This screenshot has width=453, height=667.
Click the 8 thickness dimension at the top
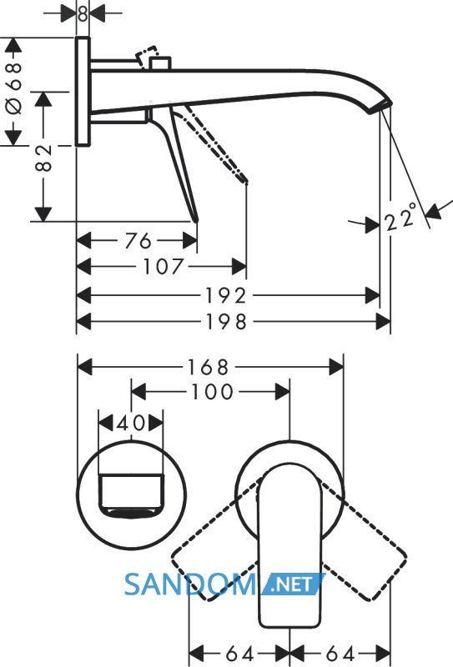[x=83, y=13]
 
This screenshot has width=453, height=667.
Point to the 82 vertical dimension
[x=43, y=158]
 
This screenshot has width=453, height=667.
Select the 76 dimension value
[x=138, y=241]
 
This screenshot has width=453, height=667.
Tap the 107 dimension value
[x=163, y=267]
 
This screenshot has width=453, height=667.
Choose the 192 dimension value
[x=226, y=296]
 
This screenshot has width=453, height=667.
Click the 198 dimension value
[x=227, y=322]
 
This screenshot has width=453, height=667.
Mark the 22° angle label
[x=400, y=218]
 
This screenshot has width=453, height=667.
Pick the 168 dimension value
[x=209, y=367]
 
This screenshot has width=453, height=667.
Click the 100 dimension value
[x=213, y=392]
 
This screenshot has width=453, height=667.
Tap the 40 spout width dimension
[x=131, y=424]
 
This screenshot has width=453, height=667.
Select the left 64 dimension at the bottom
[x=239, y=654]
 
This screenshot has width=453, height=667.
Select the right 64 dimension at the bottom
[x=340, y=654]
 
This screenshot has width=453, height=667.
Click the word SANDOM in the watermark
[x=190, y=584]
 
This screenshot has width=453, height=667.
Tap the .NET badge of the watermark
[x=294, y=584]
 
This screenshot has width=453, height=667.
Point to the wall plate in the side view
[x=83, y=92]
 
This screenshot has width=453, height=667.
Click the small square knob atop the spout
[x=160, y=63]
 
